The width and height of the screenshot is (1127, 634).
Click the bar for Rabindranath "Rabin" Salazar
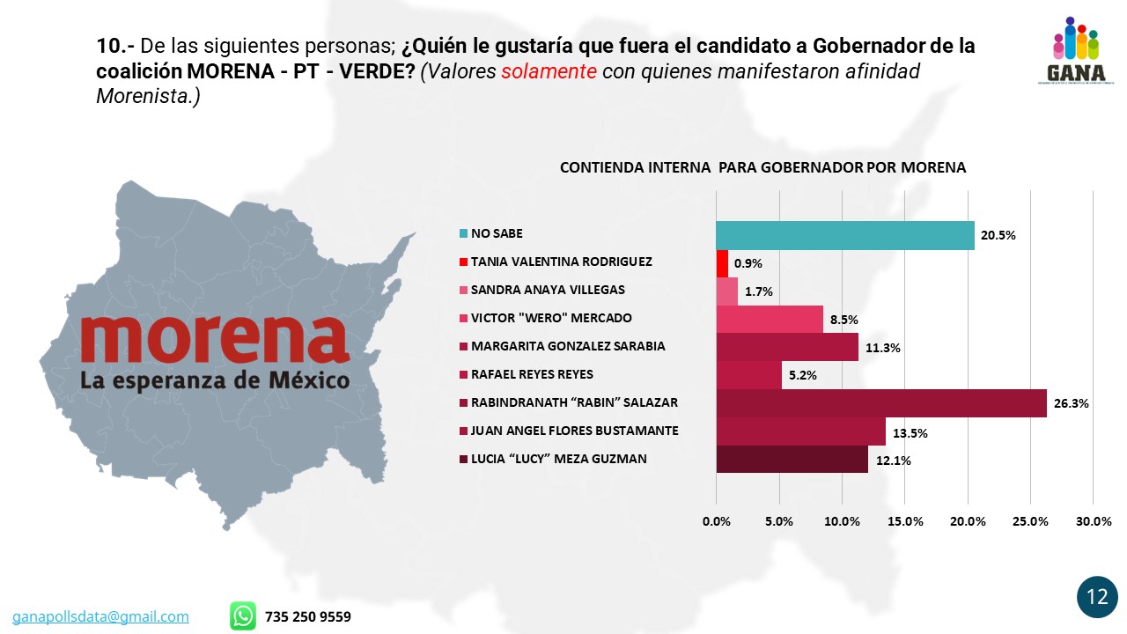880,402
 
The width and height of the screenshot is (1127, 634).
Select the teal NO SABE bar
844,235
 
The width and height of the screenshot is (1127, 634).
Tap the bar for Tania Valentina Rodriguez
722,262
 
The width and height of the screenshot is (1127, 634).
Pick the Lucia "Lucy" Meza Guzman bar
792,459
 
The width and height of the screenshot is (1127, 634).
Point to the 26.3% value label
1072,404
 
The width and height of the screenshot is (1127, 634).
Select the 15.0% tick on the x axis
905,521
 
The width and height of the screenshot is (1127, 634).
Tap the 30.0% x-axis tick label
1094,521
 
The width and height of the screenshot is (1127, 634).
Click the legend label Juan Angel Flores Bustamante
574,431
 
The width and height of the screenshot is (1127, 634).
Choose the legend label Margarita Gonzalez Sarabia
568,346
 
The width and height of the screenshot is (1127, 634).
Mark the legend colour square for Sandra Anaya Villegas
463,291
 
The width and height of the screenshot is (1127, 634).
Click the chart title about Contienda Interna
762,167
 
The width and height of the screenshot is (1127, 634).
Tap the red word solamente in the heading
549,71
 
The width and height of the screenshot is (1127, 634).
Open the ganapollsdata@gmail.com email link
100,616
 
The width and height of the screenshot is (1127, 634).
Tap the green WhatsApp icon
243,616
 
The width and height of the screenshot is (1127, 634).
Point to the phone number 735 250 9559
307,616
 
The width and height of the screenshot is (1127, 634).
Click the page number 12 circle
1097,597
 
